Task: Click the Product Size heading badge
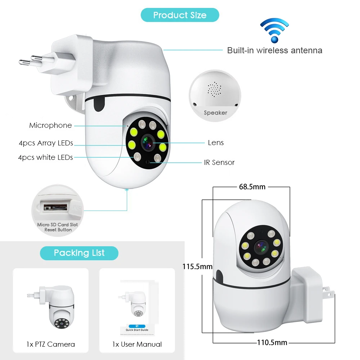click(x=180, y=15)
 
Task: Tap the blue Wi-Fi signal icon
click(x=274, y=31)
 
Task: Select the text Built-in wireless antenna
click(x=274, y=50)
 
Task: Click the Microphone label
click(x=50, y=125)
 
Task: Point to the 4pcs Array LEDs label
click(x=46, y=143)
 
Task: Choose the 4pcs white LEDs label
click(x=45, y=157)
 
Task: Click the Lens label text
click(x=216, y=143)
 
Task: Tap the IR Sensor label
click(x=219, y=162)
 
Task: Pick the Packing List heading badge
click(x=79, y=253)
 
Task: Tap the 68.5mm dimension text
click(x=252, y=186)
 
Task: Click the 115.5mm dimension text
click(x=197, y=267)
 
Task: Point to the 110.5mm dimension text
click(x=272, y=342)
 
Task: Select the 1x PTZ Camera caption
click(x=50, y=344)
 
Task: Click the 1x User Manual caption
click(x=137, y=344)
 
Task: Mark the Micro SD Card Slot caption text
click(x=58, y=225)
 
